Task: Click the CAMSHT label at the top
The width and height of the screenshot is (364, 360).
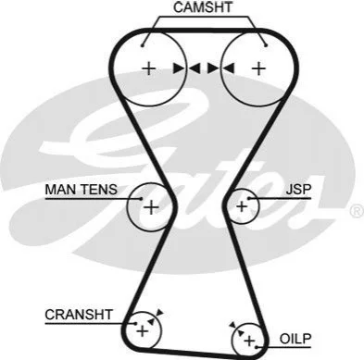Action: pos(203,7)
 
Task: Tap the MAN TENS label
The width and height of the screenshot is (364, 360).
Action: pos(82,189)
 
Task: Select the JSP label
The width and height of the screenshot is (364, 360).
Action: pos(298,189)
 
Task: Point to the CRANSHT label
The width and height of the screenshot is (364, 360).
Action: pos(79,315)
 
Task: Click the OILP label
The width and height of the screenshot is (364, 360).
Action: pos(295,339)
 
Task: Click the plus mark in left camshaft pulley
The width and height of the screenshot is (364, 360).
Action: pos(149,68)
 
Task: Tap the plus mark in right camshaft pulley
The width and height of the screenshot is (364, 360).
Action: pos(258,68)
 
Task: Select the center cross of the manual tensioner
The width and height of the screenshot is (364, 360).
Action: pos(151,207)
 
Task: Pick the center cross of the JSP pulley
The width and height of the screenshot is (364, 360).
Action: pos(242,206)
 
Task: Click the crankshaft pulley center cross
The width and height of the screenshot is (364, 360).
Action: pos(143,331)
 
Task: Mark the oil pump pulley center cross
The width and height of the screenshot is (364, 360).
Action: pos(249,341)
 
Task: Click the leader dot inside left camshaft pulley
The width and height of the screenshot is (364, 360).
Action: pos(142,45)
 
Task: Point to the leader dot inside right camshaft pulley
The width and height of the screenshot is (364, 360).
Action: pos(266,45)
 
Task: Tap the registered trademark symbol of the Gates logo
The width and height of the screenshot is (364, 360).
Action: pos(357,211)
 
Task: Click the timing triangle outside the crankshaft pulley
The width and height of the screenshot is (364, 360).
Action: pos(159,313)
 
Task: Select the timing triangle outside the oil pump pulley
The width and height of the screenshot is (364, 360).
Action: pos(232,325)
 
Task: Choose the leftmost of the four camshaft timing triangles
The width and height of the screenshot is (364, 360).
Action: pos(179,68)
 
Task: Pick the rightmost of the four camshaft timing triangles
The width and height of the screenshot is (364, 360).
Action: pos(228,68)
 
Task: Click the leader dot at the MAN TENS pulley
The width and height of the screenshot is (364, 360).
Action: pos(142,198)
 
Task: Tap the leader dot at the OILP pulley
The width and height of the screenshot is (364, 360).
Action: pos(257,347)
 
